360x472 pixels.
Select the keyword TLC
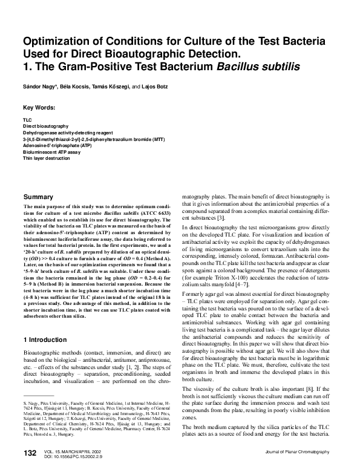point(27,121)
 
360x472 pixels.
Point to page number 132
point(31,453)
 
